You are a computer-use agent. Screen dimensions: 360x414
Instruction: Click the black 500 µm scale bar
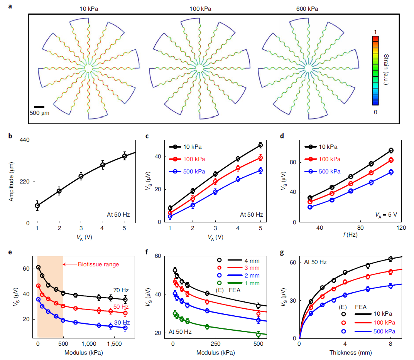pyautogui.click(x=39, y=107)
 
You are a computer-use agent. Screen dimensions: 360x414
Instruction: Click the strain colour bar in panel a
pyautogui.click(x=375, y=71)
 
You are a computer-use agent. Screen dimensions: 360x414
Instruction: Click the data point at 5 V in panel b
pyautogui.click(x=125, y=156)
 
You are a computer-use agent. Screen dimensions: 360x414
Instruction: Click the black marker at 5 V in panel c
pyautogui.click(x=260, y=145)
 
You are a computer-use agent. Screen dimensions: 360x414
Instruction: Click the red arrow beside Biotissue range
pyautogui.click(x=70, y=264)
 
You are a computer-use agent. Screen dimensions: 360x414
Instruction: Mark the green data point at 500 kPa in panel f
pyautogui.click(x=258, y=335)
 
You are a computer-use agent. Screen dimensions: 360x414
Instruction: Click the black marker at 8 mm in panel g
pyautogui.click(x=390, y=259)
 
